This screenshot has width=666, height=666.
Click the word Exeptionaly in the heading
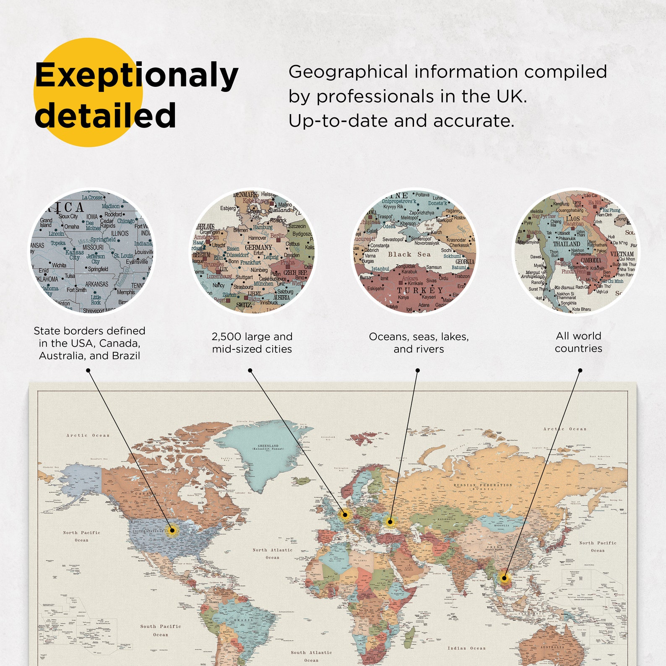(136, 75)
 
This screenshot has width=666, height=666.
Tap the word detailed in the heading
(105, 115)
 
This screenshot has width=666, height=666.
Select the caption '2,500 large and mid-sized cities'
(252, 343)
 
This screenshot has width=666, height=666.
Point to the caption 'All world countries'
(578, 342)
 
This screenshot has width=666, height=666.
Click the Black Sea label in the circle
(409, 254)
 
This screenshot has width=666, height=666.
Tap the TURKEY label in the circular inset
(420, 290)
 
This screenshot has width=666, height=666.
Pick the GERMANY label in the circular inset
(258, 247)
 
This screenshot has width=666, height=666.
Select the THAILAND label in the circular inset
(566, 244)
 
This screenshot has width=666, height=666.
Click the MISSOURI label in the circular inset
(93, 247)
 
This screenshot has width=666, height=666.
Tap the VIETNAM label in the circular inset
(622, 254)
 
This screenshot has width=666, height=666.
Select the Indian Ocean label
(466, 648)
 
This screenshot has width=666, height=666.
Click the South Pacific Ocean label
(161, 630)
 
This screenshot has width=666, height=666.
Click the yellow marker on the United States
(172, 531)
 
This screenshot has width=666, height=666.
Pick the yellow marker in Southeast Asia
(505, 578)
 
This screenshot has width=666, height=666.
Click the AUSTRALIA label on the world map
(552, 647)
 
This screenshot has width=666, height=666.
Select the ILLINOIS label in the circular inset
(120, 233)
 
